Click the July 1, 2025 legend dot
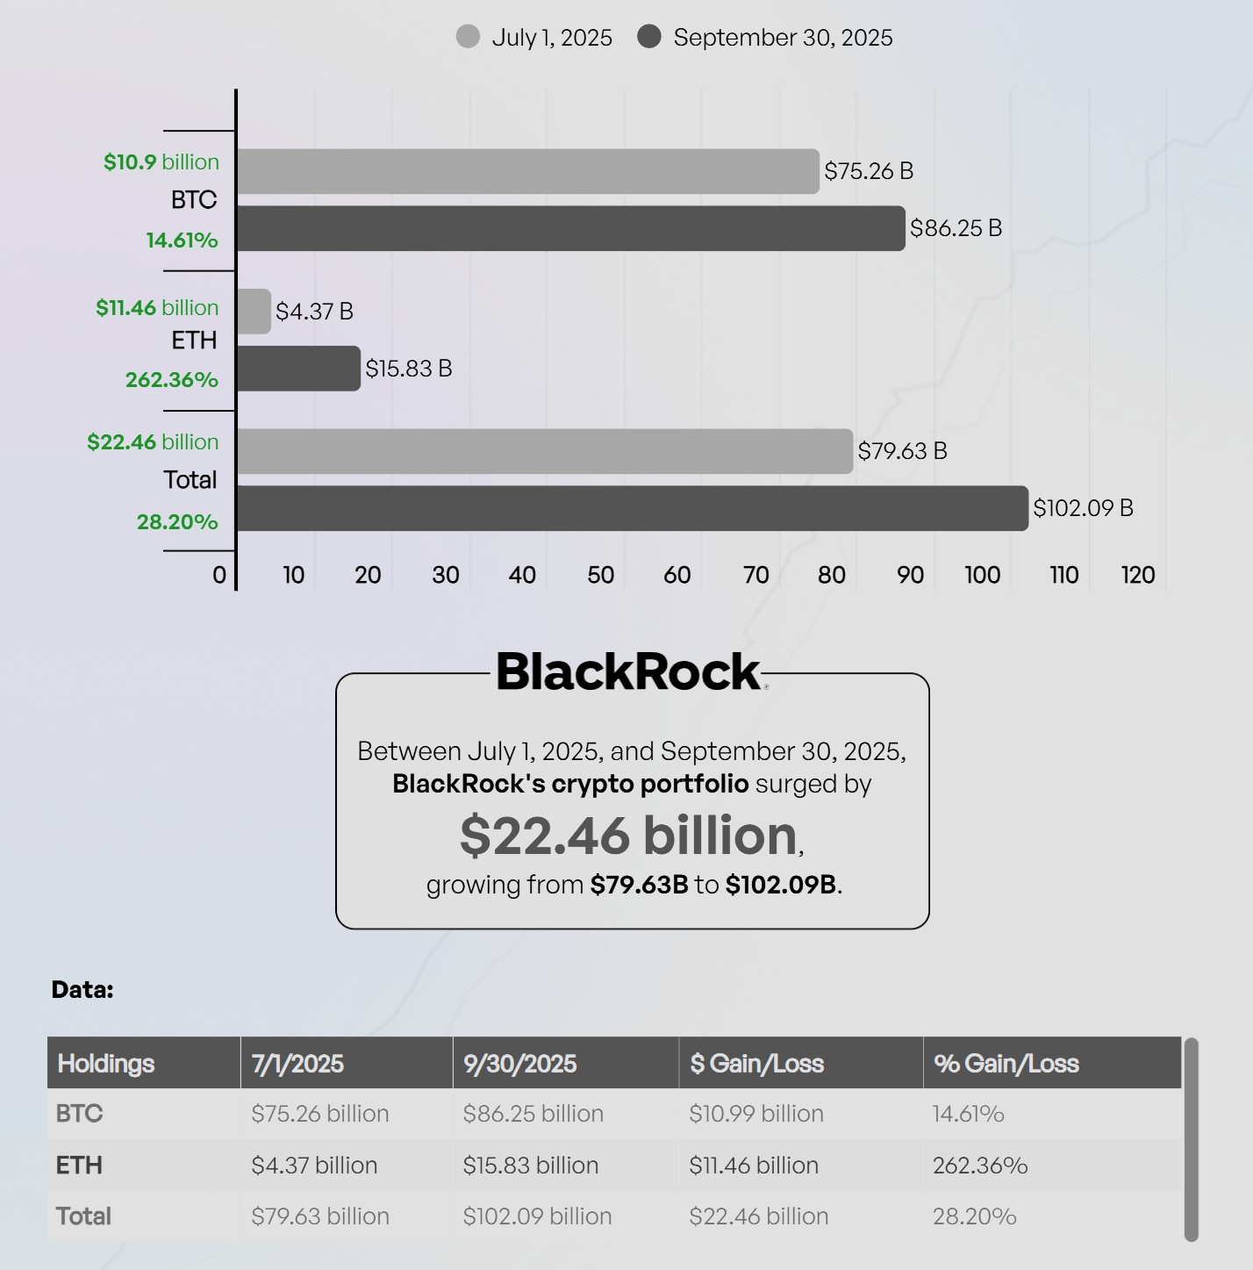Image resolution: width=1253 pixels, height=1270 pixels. click(468, 37)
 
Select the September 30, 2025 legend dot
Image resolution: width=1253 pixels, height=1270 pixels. click(649, 37)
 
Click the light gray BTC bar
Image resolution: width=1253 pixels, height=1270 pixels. click(527, 171)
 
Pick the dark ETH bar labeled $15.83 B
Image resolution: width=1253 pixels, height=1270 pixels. click(298, 369)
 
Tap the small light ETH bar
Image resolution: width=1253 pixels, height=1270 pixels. click(254, 312)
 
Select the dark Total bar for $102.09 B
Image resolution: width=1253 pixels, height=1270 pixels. click(632, 508)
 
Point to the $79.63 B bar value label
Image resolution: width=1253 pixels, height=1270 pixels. click(902, 451)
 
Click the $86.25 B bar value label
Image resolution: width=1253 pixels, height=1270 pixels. click(956, 228)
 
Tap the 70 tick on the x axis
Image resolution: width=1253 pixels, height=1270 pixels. click(755, 575)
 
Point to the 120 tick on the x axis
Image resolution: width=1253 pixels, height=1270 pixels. click(1138, 575)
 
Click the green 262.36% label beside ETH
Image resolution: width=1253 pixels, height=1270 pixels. click(172, 380)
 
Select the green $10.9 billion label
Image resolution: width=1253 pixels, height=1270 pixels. click(161, 162)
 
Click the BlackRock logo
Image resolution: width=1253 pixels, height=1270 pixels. click(629, 671)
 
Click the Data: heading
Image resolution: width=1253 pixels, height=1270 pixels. click(82, 990)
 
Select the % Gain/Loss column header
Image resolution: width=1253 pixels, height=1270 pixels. click(1006, 1064)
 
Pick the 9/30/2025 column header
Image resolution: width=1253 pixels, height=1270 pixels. click(520, 1064)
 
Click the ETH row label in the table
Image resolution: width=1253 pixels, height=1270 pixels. click(79, 1166)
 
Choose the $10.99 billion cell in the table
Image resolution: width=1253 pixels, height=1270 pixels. click(756, 1114)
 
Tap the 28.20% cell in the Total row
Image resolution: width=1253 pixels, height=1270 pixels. click(974, 1216)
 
